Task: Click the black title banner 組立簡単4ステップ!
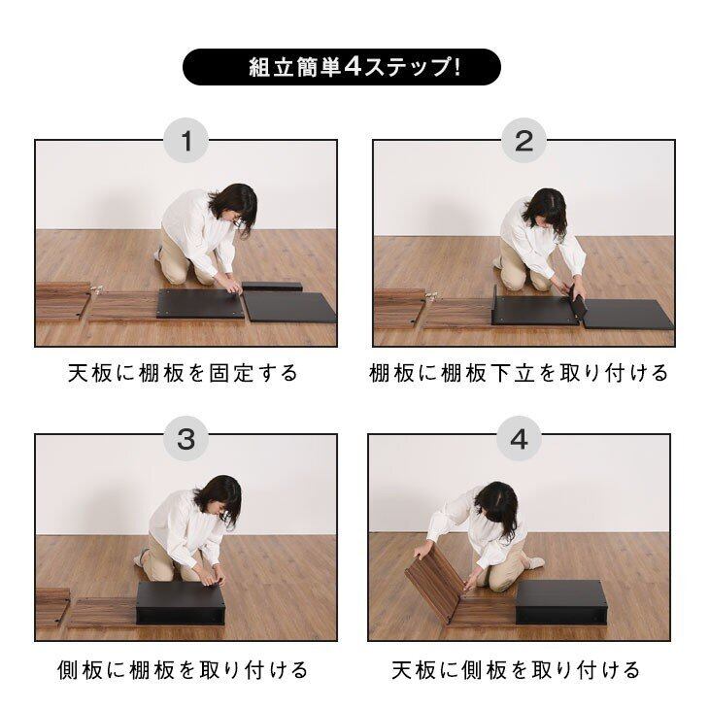tap(341, 67)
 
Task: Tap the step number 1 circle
tap(186, 140)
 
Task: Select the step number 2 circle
tap(523, 140)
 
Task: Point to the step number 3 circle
tap(186, 439)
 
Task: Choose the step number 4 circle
tap(519, 439)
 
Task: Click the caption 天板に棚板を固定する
tap(184, 374)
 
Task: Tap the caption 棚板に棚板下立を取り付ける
tap(519, 374)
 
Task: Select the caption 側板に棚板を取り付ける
tap(184, 670)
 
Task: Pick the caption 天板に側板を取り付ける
tap(516, 670)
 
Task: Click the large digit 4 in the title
tap(353, 67)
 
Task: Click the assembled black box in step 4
tap(560, 602)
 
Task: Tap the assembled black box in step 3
tap(180, 603)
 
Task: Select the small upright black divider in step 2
tap(578, 302)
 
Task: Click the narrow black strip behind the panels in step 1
tap(272, 287)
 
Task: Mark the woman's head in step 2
tap(546, 209)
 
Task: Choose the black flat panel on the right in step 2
tap(627, 315)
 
